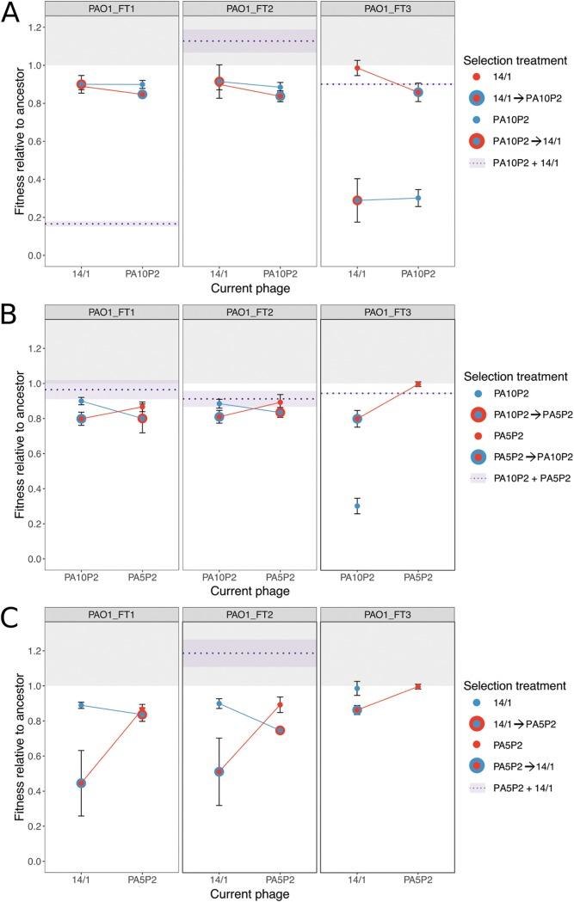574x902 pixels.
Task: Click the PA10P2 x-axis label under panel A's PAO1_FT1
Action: pyautogui.click(x=143, y=274)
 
